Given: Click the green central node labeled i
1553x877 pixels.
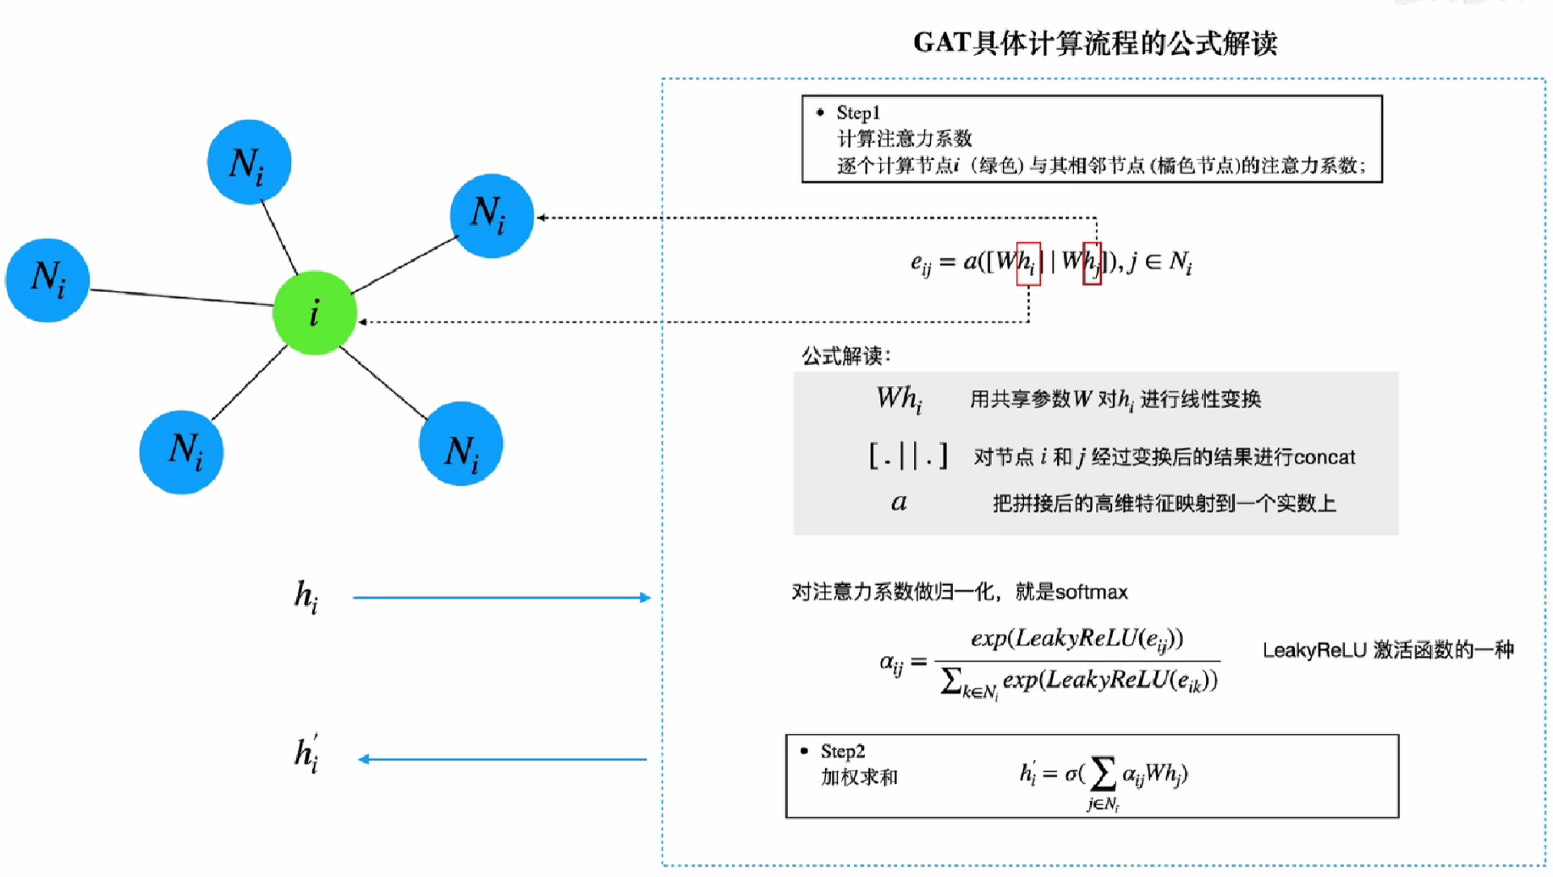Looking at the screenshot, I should pyautogui.click(x=315, y=312).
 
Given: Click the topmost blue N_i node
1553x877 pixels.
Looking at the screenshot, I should pyautogui.click(x=248, y=162).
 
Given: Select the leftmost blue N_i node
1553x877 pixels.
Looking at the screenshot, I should pyautogui.click(x=48, y=280).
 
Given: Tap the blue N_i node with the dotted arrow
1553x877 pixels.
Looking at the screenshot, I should pyautogui.click(x=491, y=215).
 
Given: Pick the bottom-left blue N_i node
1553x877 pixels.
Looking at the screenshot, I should pyautogui.click(x=182, y=451).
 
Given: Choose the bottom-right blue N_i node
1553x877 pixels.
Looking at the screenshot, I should pyautogui.click(x=461, y=444).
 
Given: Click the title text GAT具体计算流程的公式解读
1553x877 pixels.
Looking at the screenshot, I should pyautogui.click(x=1094, y=43).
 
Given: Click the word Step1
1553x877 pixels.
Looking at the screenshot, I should pyautogui.click(x=857, y=112).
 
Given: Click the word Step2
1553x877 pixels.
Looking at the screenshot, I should pyautogui.click(x=842, y=752).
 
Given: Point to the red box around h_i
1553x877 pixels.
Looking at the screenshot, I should pyautogui.click(x=1028, y=264).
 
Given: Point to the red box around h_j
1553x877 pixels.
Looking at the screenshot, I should pyautogui.click(x=1092, y=264).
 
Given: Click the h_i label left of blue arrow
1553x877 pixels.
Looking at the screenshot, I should pyautogui.click(x=306, y=597).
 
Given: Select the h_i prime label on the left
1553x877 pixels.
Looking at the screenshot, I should pyautogui.click(x=306, y=755).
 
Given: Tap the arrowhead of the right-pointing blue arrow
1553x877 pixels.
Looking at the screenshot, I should pyautogui.click(x=645, y=598).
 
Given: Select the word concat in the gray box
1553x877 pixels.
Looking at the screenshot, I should pyautogui.click(x=1324, y=457).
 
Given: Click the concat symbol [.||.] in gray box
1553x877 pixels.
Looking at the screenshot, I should pyautogui.click(x=908, y=456).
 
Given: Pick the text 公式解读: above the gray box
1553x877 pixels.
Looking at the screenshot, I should pyautogui.click(x=845, y=356).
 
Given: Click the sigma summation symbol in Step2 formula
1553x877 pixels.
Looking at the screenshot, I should pyautogui.click(x=1102, y=773).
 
